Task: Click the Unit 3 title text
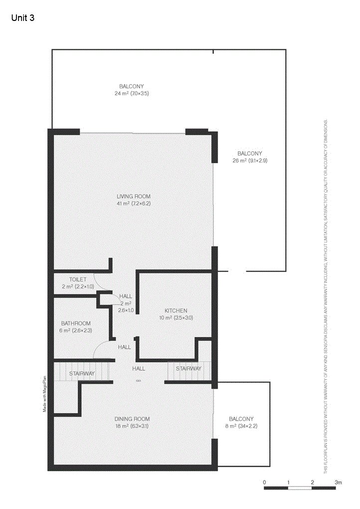[22, 18]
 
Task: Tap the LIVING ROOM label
[134, 196]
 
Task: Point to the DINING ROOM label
[132, 419]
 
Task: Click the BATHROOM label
[76, 323]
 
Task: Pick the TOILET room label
[78, 279]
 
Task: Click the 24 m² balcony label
[132, 86]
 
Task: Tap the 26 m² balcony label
[250, 153]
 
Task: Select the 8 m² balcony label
[241, 419]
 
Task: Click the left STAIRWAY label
[82, 373]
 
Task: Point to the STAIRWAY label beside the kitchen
[188, 369]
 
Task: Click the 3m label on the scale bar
[338, 482]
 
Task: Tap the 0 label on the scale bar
[264, 482]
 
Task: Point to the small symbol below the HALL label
[138, 381]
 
